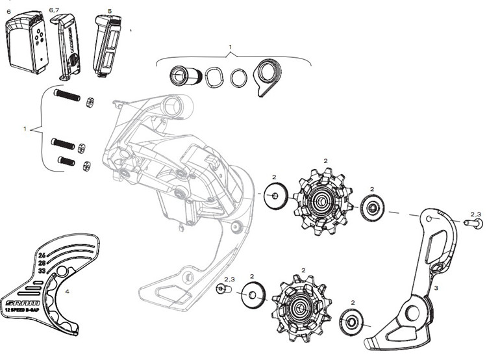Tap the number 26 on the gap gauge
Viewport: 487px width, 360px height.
42,255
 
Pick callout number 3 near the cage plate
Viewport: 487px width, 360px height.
436,287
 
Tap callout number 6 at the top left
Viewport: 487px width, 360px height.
8,11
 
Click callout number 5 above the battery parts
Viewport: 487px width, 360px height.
109,11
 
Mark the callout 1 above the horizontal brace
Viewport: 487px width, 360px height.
231,48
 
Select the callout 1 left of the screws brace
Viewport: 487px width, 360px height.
25,129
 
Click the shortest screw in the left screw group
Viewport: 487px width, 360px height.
67,161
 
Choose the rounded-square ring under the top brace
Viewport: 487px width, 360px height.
214,78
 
